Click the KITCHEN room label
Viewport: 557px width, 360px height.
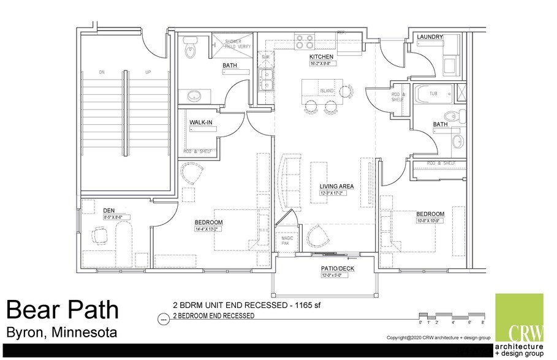[320, 56]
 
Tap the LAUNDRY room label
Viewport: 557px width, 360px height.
[430, 37]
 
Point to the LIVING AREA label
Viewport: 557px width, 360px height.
[336, 186]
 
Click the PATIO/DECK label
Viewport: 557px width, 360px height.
[338, 269]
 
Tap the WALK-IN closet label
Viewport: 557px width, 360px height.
[200, 122]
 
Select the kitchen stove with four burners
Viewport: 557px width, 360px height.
[305, 41]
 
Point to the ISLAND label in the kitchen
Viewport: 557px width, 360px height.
[327, 91]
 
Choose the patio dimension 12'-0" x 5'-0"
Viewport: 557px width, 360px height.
[335, 276]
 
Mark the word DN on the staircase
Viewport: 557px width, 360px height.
[102, 73]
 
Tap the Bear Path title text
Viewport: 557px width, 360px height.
[63, 310]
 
